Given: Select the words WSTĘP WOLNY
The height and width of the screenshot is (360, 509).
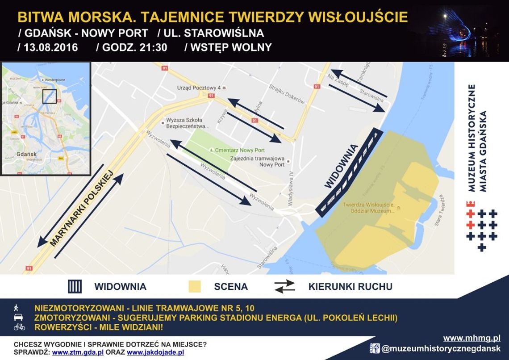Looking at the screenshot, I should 231,47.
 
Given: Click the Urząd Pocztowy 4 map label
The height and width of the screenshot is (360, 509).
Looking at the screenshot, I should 199,88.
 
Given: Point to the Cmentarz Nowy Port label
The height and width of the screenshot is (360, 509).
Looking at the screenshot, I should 240,150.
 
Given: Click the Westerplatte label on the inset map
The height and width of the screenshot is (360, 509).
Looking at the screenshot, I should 54,80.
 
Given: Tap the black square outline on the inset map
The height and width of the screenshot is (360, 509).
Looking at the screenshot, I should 50,96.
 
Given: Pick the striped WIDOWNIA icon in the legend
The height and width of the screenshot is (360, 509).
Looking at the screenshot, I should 75,286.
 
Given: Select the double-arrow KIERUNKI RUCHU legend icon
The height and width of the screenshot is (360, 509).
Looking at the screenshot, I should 284,286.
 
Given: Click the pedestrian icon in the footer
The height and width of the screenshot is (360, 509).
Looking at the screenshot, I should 17,308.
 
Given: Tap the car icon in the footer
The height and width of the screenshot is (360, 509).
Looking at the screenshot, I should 19,318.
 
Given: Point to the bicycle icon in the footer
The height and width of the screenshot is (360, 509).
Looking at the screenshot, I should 19,327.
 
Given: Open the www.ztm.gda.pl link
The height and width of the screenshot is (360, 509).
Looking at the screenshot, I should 78,352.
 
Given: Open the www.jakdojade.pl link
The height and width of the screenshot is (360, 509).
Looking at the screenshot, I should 155,352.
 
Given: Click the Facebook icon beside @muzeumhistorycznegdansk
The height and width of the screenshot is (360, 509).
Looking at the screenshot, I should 374,348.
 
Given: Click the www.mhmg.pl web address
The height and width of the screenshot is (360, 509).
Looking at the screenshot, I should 471,338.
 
